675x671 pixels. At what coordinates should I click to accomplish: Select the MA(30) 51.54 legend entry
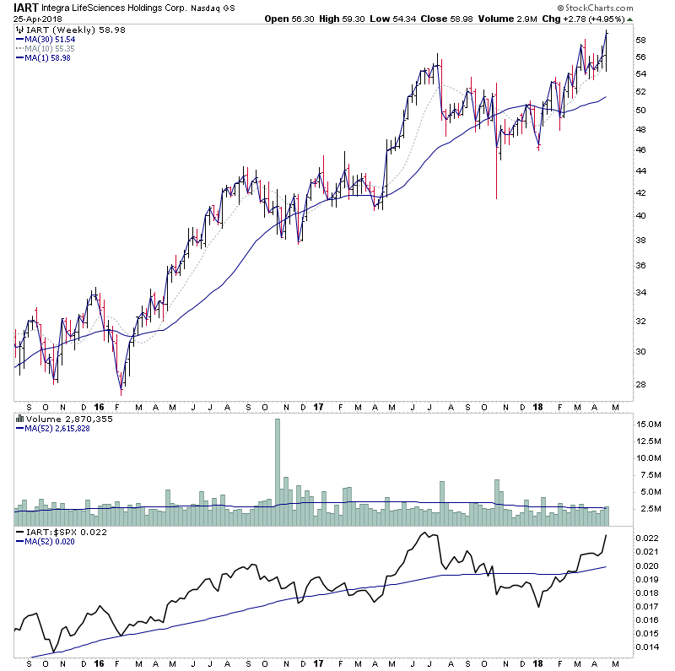point(48,39)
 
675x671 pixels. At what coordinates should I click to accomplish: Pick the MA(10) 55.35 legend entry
point(48,48)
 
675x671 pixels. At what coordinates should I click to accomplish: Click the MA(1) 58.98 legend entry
point(46,57)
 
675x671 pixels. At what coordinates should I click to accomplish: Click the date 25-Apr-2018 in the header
point(36,18)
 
